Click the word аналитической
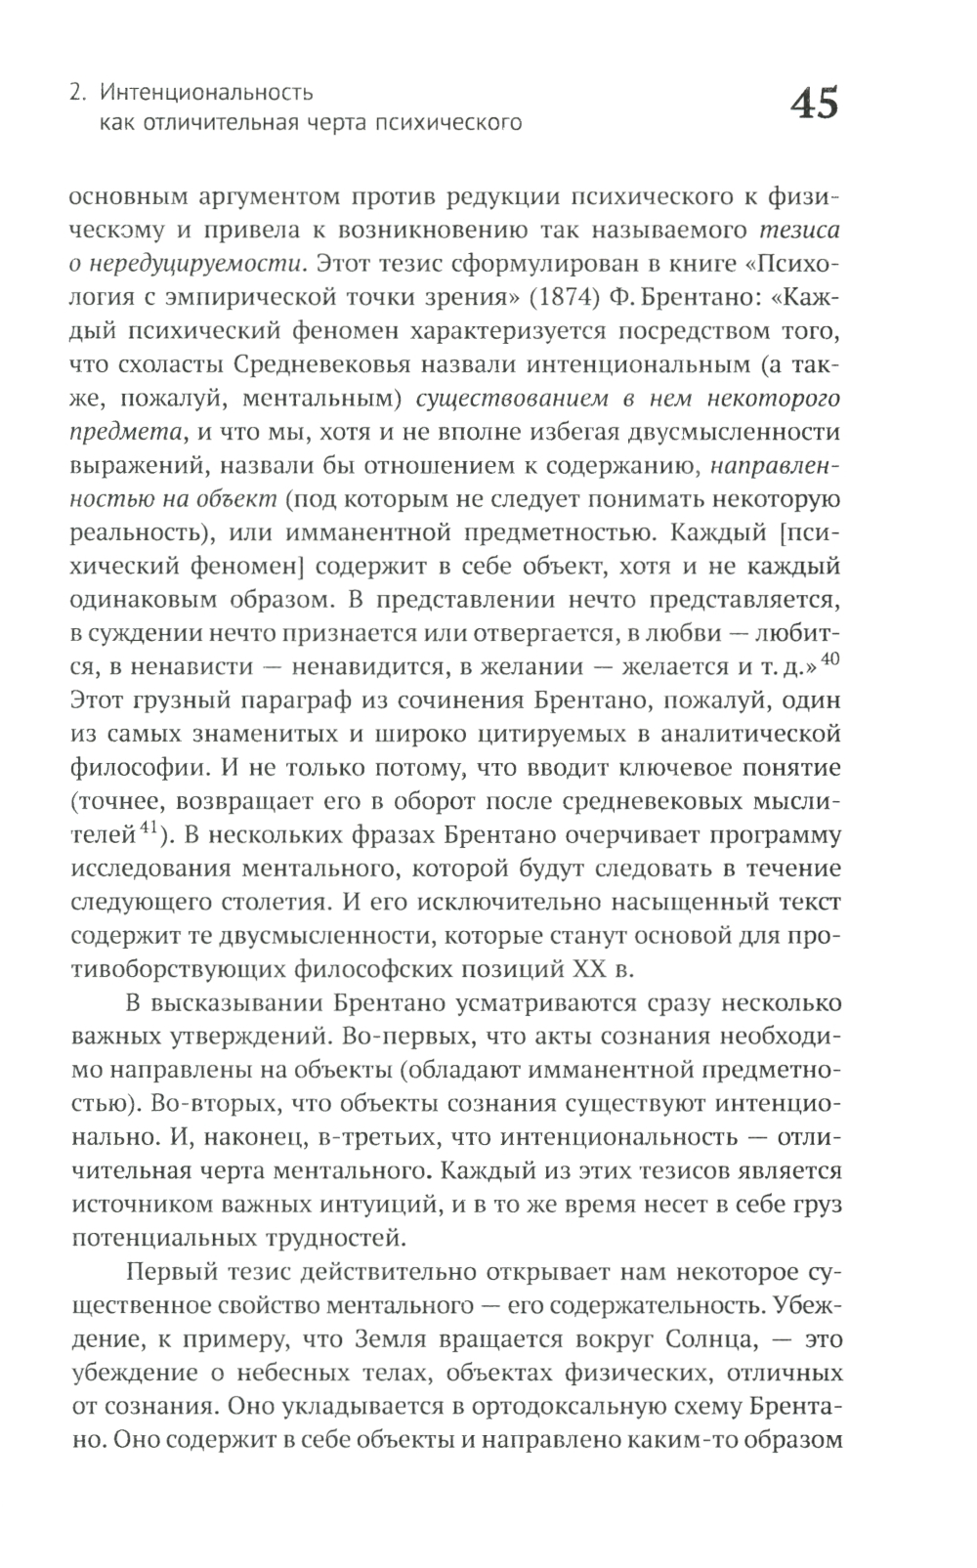click(743, 735)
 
